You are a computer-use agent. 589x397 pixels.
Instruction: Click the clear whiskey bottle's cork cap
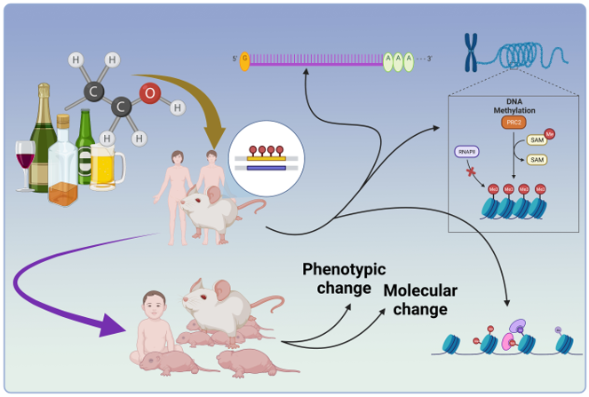click(63, 118)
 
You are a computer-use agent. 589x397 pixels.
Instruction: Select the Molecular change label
click(420, 300)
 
